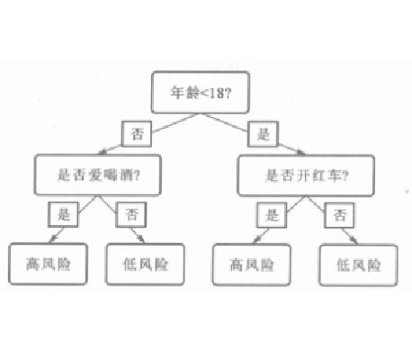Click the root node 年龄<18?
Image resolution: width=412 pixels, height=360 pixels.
click(201, 93)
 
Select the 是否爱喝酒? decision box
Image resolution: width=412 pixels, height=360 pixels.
click(98, 175)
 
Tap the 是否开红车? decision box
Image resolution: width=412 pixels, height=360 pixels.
click(306, 175)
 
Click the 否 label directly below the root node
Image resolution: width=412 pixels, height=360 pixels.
click(137, 134)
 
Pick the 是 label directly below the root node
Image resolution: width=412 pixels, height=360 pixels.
click(264, 134)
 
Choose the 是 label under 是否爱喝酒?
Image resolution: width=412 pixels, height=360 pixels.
click(63, 214)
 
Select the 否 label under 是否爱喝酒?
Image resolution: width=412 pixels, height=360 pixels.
click(131, 214)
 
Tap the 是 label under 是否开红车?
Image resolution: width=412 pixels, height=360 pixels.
click(272, 215)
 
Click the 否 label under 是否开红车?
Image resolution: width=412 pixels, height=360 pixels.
click(339, 215)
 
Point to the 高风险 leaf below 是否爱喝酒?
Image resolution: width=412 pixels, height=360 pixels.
click(48, 264)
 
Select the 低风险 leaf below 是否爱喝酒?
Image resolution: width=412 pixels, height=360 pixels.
click(146, 265)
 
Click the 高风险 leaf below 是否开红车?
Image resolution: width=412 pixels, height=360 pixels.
click(252, 265)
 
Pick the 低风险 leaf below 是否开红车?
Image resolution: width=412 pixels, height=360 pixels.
click(359, 265)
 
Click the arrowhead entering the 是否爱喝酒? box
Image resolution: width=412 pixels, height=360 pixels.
click(103, 152)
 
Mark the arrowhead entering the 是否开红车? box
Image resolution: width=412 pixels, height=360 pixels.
click(300, 152)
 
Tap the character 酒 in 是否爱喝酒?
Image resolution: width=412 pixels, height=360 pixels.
click(126, 175)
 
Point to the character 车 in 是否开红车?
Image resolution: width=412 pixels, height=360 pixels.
click(334, 175)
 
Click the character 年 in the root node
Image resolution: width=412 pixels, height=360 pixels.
click(177, 93)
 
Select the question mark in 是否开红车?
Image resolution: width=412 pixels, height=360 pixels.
click(345, 175)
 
